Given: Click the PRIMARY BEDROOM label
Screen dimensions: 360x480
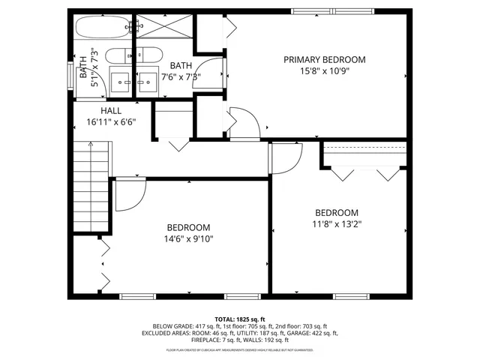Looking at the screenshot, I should (324, 59).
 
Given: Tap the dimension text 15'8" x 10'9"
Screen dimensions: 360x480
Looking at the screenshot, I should (324, 70).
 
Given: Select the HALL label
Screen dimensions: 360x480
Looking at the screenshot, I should (111, 110).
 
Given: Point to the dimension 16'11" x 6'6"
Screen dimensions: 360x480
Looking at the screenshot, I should (111, 121).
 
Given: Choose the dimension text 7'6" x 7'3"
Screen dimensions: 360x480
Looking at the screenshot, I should (181, 76).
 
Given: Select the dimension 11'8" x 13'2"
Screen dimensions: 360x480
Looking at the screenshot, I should (337, 223).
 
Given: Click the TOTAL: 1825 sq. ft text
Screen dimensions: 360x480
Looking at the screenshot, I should (240, 319).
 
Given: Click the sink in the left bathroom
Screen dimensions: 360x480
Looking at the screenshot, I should (120, 79).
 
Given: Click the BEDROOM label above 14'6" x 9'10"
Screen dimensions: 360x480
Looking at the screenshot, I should (188, 227).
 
